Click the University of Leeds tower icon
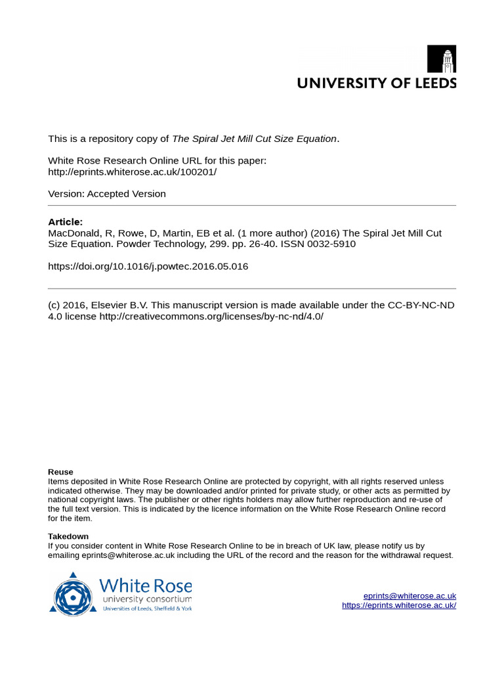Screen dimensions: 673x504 [442, 59]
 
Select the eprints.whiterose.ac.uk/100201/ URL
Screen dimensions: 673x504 [132, 172]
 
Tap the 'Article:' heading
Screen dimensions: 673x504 [66, 221]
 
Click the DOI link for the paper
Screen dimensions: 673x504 [148, 266]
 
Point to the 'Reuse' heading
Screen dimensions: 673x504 [61, 472]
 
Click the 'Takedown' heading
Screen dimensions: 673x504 [68, 536]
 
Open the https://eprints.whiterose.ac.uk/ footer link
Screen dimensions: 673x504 [399, 605]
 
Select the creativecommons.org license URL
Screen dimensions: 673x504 [211, 316]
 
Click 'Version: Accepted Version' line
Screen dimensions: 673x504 [107, 194]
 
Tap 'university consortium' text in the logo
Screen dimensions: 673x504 [147, 599]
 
